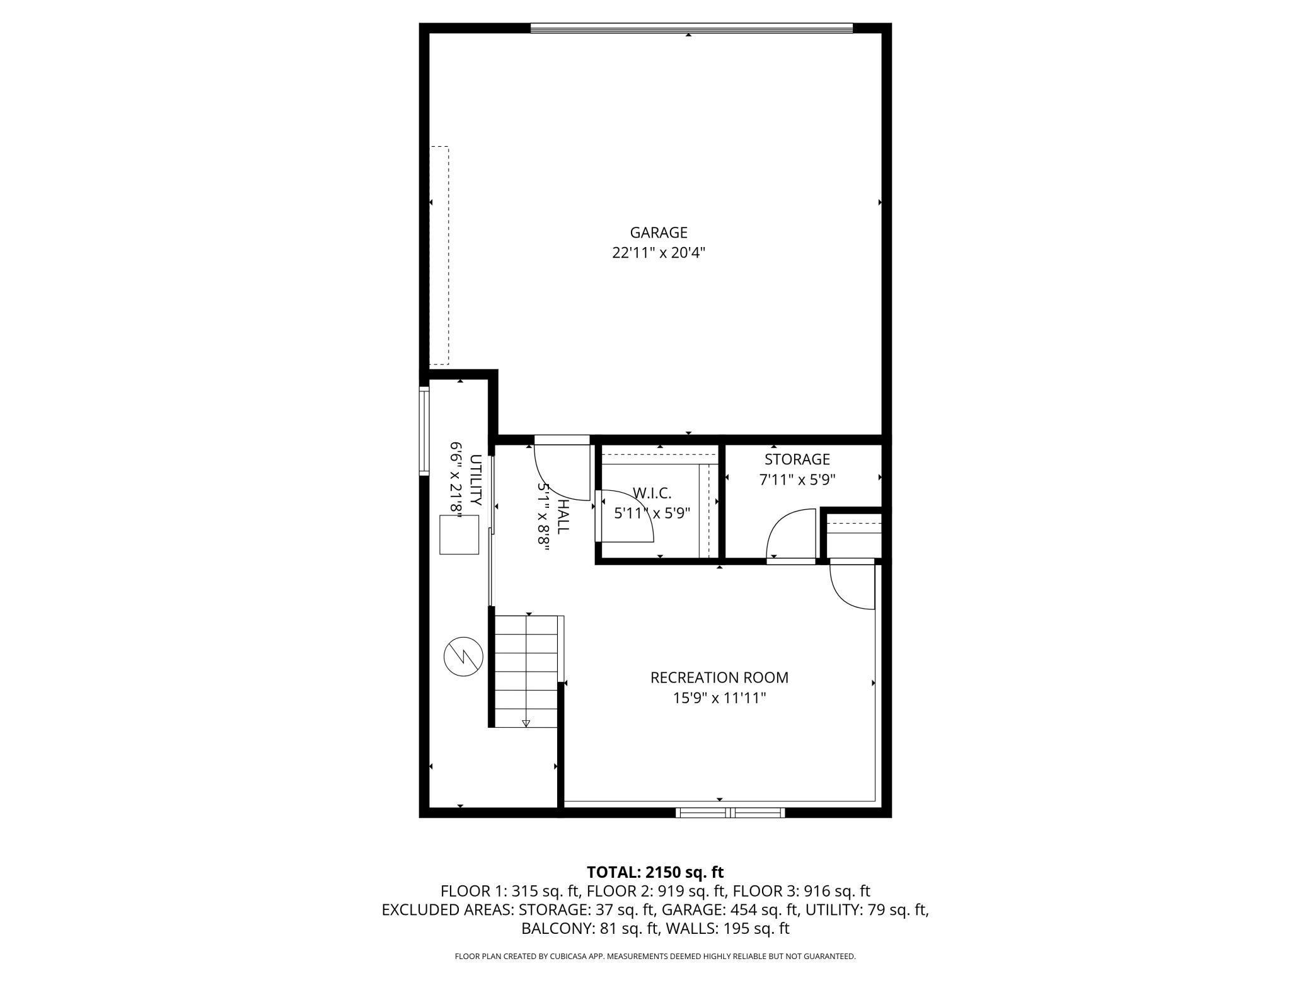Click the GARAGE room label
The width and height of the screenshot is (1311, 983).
[659, 233]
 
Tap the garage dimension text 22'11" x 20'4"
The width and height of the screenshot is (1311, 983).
[659, 253]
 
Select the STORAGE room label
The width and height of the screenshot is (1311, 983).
[797, 459]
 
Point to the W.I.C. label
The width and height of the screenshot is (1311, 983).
[652, 493]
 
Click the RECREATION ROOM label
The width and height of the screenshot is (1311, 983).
[719, 677]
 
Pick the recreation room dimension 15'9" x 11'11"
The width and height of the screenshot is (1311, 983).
[719, 698]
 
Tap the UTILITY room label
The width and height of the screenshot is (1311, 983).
[476, 480]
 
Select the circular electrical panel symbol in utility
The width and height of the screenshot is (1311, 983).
[463, 657]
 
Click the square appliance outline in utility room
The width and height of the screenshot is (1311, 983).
[459, 534]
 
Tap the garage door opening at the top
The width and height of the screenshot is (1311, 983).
[691, 28]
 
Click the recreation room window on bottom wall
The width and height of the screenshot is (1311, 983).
[731, 813]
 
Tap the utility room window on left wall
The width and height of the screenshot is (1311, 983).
[424, 431]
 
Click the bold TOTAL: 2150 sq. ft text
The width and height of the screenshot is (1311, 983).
[655, 872]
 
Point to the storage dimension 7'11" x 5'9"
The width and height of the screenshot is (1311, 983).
[797, 480]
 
